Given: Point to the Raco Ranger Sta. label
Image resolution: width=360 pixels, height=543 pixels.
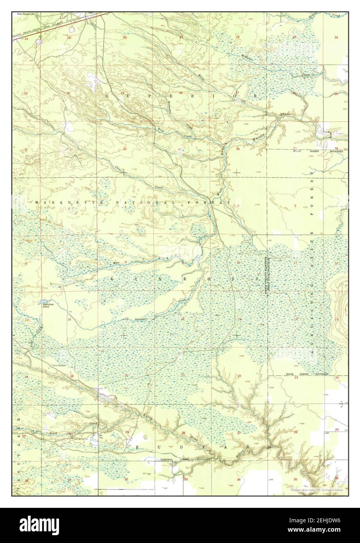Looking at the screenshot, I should click(x=24, y=14).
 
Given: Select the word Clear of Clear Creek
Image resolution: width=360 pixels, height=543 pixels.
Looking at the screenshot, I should click(x=118, y=168).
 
